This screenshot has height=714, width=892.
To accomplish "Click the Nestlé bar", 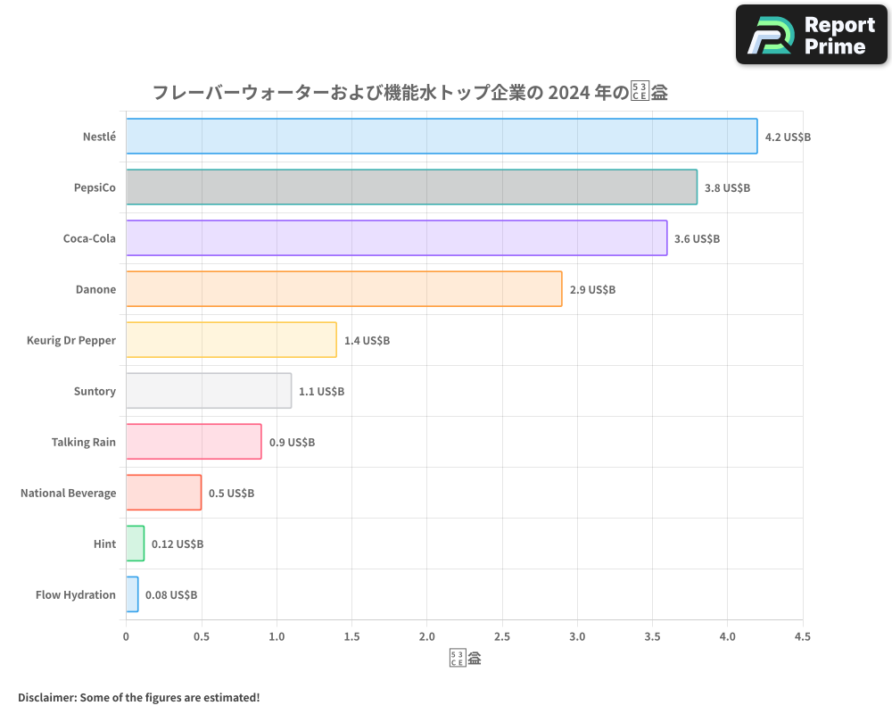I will [x=442, y=137].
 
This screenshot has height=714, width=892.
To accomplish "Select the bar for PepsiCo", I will [x=411, y=187].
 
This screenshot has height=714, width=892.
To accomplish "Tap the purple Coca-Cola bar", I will [x=396, y=238].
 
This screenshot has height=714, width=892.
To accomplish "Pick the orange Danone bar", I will [x=343, y=289].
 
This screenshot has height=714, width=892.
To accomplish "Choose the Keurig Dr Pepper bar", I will [x=231, y=340].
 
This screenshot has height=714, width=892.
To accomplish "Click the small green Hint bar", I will [x=135, y=544].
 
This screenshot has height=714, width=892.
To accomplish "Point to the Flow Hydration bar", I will [x=132, y=594].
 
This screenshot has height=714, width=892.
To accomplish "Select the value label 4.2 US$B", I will [x=788, y=137].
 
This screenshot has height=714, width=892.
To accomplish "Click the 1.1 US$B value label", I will [x=321, y=392].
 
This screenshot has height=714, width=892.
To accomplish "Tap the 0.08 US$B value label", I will [x=171, y=595].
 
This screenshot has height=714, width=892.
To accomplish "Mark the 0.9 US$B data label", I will [x=292, y=443].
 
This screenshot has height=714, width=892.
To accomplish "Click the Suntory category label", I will [x=95, y=392].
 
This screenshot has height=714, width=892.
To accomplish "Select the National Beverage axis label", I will [x=68, y=494].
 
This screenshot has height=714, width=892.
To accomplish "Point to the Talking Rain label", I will [x=84, y=443].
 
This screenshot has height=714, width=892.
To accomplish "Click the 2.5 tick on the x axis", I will [x=501, y=637].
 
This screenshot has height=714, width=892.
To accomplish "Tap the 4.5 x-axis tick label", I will [x=802, y=637].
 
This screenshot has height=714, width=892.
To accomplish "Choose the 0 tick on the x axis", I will [x=126, y=637].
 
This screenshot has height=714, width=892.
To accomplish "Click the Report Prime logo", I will [x=811, y=35].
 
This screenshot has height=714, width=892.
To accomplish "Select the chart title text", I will [x=410, y=92].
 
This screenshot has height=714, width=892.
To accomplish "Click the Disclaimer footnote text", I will [x=138, y=697].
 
